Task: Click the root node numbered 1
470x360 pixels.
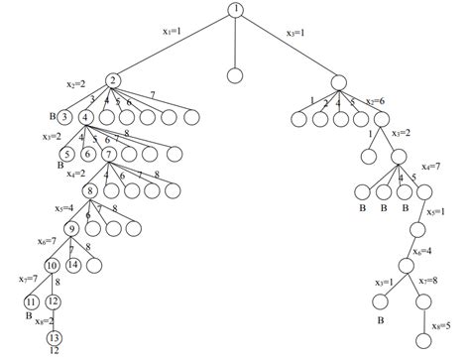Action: (235, 11)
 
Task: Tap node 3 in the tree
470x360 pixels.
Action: (65, 117)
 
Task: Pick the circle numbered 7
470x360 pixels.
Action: (108, 154)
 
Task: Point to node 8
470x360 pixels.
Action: (89, 190)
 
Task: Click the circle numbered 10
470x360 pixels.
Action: (51, 265)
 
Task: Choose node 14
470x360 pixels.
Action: (74, 265)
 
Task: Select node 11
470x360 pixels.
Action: (31, 301)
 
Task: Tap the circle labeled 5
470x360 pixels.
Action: (65, 154)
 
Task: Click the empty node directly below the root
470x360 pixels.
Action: (234, 74)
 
